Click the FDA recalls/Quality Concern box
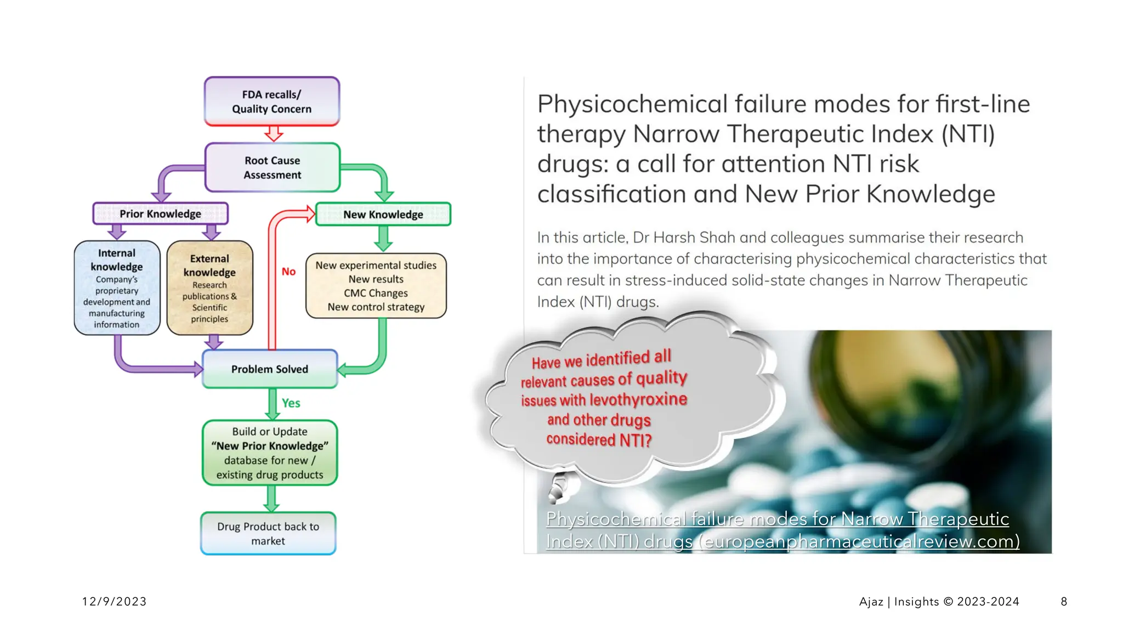(x=272, y=101)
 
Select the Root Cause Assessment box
(x=273, y=167)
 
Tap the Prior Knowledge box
(x=160, y=213)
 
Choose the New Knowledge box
(x=383, y=214)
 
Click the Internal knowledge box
(x=117, y=288)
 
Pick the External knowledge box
(x=209, y=288)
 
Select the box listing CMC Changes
(x=376, y=286)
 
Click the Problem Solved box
(x=269, y=369)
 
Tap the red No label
(x=288, y=272)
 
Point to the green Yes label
(x=291, y=403)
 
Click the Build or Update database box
(x=269, y=453)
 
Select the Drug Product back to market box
(x=268, y=533)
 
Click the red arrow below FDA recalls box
(x=274, y=133)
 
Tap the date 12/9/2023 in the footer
(x=114, y=601)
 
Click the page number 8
(x=1064, y=601)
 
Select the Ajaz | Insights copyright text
(x=939, y=601)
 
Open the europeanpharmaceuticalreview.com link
(x=782, y=530)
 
